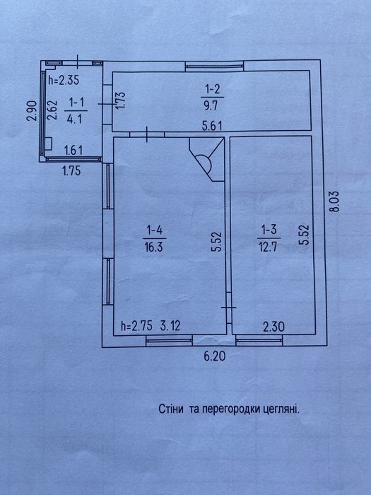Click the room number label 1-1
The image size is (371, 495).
pos(76,103)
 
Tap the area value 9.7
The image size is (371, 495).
pos(211,105)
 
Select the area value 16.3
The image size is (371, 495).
pos(154,247)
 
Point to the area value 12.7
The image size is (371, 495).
pos(268,247)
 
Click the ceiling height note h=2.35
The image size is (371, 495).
pos(64,80)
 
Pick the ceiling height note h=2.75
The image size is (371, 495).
pos(137,326)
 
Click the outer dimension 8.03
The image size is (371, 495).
pos(334,201)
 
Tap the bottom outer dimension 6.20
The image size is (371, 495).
pos(215,356)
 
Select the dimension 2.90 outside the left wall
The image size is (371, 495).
pos(32,110)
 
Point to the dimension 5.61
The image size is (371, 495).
pos(212,126)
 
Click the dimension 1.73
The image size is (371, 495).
pos(121,100)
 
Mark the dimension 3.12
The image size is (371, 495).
pos(170,326)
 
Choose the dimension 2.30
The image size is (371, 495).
pos(274,327)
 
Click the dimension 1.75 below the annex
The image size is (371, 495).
pos(71,171)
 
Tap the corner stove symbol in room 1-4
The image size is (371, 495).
pos(206,159)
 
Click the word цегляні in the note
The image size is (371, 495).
pos(281,409)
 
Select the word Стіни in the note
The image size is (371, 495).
pos(171,409)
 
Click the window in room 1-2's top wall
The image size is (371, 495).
pos(214,66)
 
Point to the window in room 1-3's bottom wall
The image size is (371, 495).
pos(259,340)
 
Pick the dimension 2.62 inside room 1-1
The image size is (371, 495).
pos(52,110)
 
